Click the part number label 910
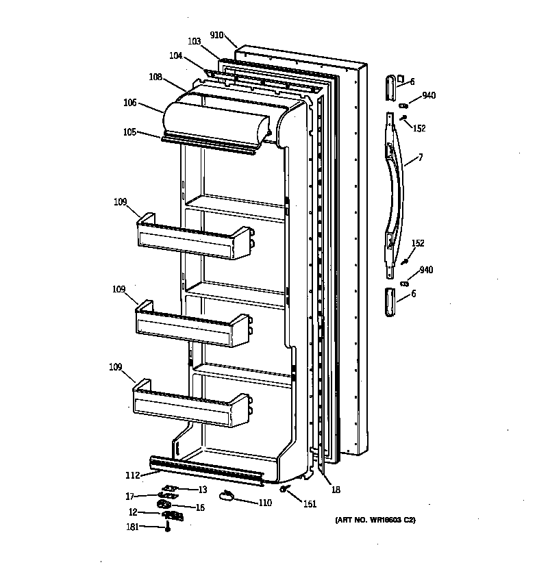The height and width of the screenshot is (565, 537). pos(217,34)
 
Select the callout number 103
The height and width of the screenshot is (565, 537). pos(194,42)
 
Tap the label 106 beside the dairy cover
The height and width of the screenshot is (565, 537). pos(129,103)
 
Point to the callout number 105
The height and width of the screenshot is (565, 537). pos(129,132)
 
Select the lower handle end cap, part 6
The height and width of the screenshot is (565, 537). pos(390,302)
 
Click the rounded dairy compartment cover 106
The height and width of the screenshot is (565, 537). pos(219,118)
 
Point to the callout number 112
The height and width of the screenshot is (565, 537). pos(132,475)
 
